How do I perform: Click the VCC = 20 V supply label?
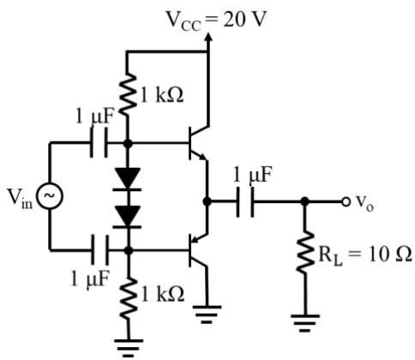216,20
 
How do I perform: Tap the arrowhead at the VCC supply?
208,38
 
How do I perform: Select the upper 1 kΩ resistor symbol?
128,94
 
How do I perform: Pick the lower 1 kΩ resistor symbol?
129,298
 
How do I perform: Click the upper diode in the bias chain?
127,179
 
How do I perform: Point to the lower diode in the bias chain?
127,217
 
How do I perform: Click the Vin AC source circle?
49,195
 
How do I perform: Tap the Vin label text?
20,198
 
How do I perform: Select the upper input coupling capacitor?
99,142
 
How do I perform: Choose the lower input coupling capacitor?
99,250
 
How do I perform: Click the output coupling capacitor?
244,201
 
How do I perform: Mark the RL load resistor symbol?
305,252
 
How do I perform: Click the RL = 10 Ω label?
365,255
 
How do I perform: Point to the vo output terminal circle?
346,201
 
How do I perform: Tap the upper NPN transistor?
199,143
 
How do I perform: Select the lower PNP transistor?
199,250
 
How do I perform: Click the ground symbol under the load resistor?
305,323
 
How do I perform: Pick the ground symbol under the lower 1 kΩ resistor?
129,348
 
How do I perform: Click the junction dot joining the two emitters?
207,201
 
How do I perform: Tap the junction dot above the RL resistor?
305,201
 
